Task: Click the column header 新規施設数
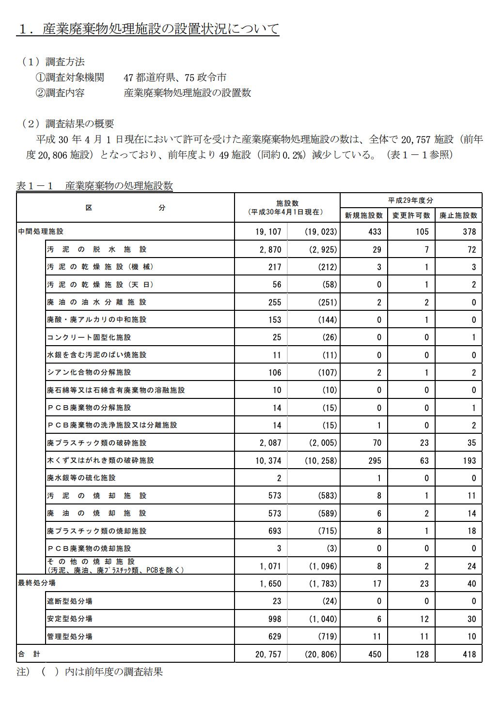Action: coord(364,215)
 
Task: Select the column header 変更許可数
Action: coord(411,215)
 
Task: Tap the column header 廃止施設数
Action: coord(458,215)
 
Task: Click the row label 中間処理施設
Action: coord(41,231)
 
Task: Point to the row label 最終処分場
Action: coord(37,583)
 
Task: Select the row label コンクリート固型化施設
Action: coord(89,337)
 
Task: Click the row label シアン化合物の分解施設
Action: coord(89,372)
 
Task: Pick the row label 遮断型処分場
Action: coord(69,601)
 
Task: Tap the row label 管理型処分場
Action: coord(69,636)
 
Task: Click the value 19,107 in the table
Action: coord(268,232)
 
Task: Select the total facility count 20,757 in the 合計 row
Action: coord(268,655)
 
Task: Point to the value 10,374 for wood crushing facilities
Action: coord(268,460)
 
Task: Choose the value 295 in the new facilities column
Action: coord(375,460)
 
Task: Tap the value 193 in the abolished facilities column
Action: coord(469,460)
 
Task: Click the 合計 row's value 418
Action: coord(469,655)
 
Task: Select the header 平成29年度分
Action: coord(410,200)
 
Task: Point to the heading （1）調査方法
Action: coord(53,62)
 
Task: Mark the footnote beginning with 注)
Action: coord(90,672)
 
